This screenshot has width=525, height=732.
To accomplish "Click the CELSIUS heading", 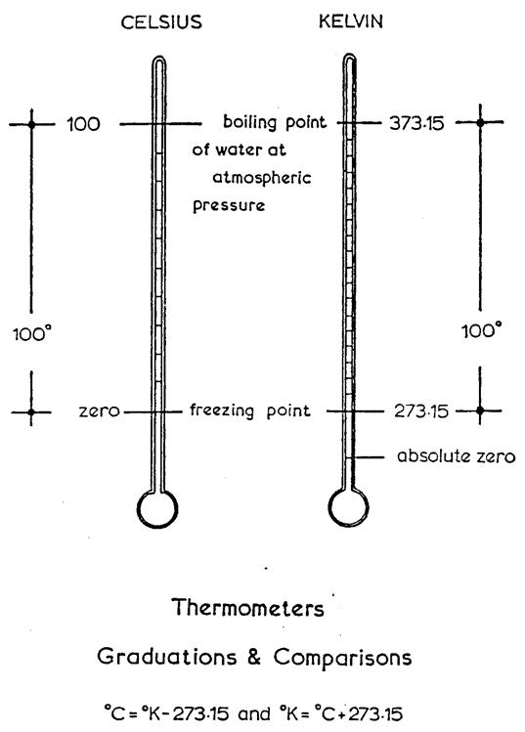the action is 161,22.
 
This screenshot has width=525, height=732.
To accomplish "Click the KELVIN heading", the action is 351,21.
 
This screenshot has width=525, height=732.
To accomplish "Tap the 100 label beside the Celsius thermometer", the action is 84,124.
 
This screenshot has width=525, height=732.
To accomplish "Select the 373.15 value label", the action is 416,123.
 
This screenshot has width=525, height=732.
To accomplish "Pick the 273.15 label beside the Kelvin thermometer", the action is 420,411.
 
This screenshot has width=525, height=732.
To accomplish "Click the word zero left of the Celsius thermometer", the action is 99,411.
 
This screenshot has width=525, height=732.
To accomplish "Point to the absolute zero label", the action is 457,455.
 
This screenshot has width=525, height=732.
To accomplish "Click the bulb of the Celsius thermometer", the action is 157,508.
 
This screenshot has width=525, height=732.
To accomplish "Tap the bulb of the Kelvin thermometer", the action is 348,507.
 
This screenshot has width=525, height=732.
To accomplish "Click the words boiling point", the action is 275,122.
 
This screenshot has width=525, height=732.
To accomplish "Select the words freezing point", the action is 250,410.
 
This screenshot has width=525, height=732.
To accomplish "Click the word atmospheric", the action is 262,178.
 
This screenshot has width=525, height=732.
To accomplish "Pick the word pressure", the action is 229,206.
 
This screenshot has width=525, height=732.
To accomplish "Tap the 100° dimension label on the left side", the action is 31,334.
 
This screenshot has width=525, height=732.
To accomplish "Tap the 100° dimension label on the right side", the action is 482,331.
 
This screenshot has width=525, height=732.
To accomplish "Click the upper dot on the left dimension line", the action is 31,125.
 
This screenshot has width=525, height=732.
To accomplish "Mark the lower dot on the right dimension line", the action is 480,410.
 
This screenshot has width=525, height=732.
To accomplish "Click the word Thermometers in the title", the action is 247,608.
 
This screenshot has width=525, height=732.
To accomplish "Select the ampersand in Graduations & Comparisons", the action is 254,657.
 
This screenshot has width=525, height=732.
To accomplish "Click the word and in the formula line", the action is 254,713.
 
